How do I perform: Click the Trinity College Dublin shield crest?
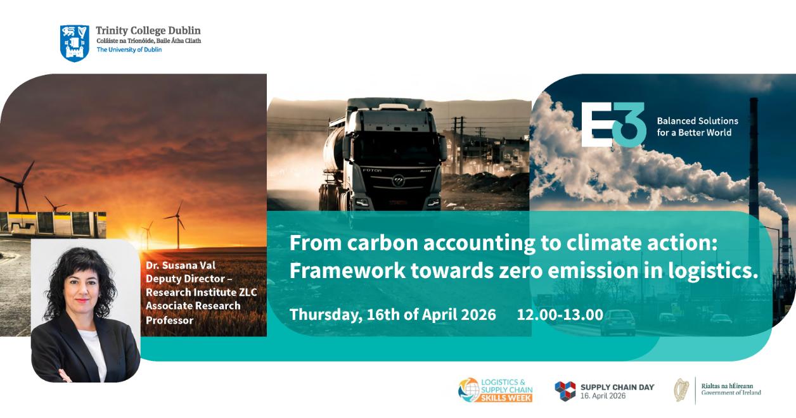(x=75, y=43)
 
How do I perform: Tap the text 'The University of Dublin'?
(x=129, y=50)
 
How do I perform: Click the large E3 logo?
(x=613, y=125)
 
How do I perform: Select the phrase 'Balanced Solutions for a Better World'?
(x=698, y=127)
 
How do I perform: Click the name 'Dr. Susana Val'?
(x=181, y=265)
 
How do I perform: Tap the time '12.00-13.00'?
(x=560, y=315)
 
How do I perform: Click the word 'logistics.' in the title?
(x=713, y=271)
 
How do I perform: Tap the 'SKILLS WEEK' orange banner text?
(x=506, y=398)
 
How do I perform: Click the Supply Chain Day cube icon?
(x=565, y=391)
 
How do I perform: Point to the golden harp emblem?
(x=681, y=390)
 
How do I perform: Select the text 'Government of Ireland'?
(x=731, y=393)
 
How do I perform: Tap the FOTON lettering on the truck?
(x=372, y=170)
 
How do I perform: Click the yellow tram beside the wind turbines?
(x=53, y=224)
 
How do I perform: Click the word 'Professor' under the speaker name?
(x=169, y=320)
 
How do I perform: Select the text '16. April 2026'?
(x=603, y=396)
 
